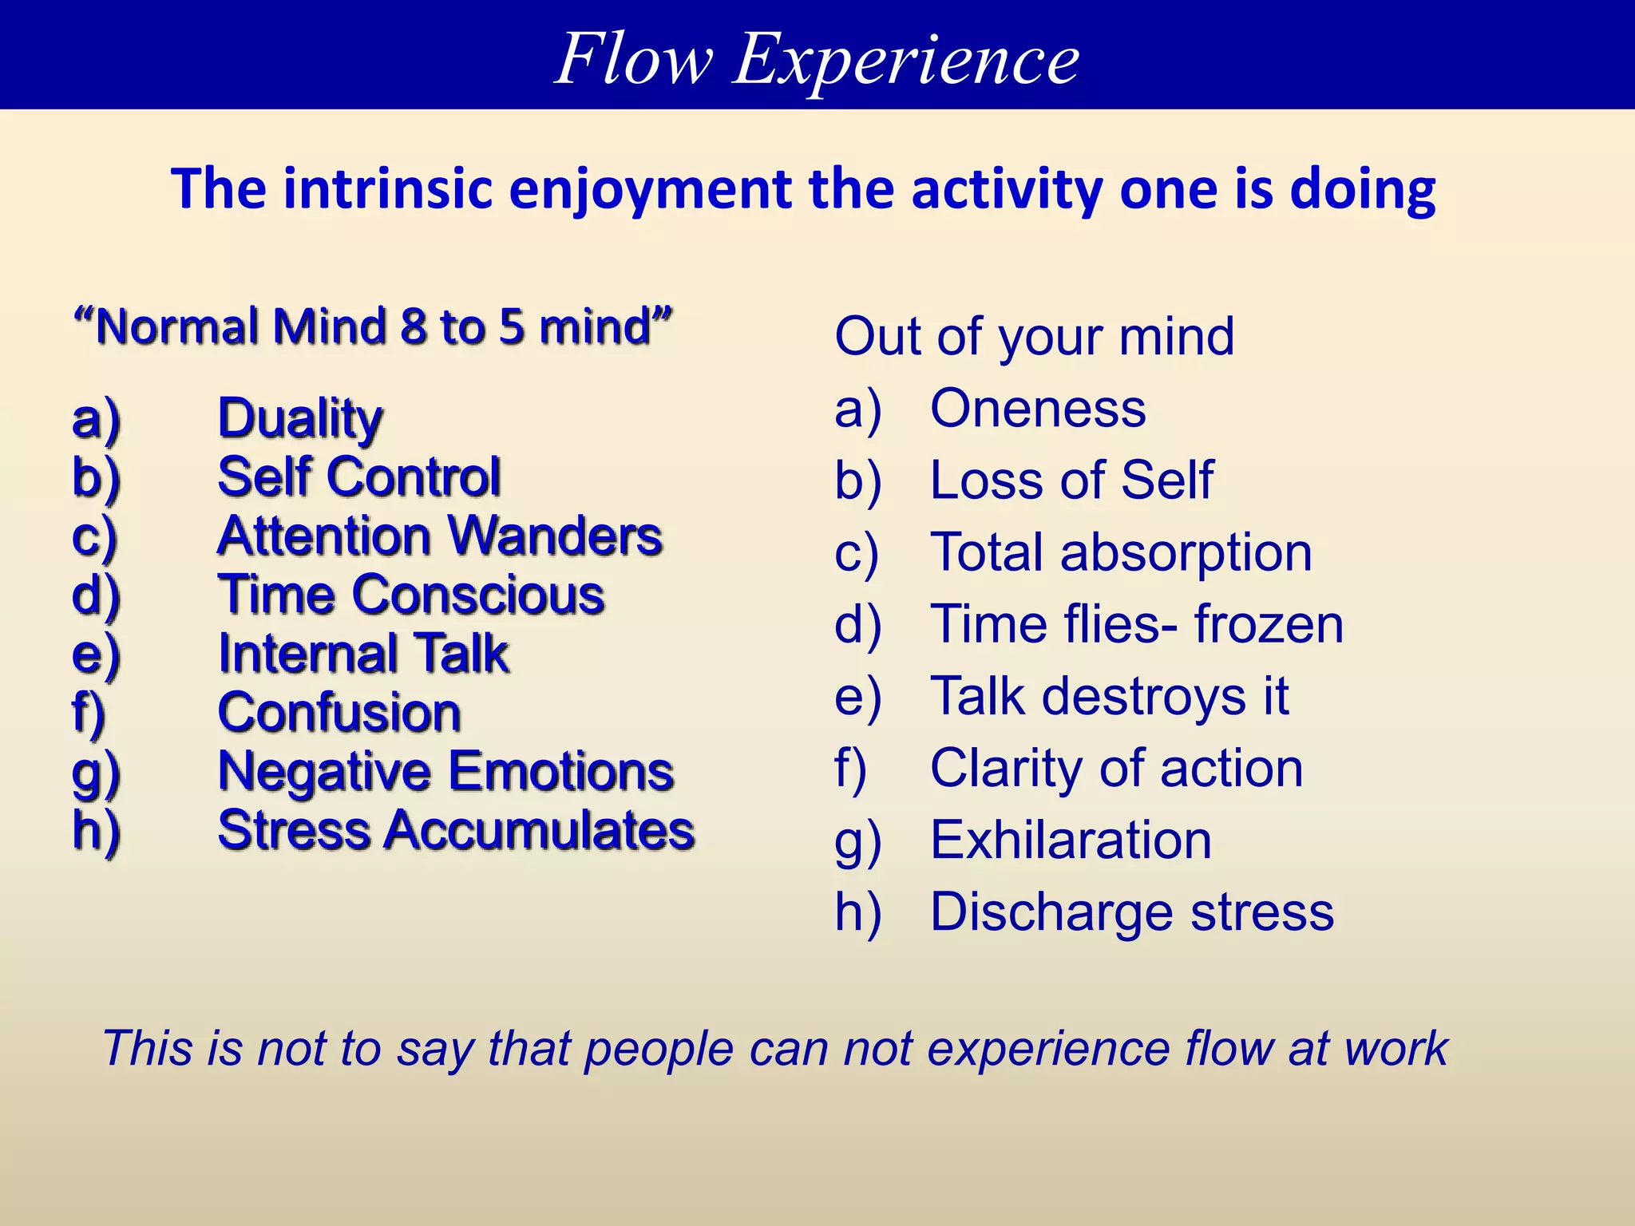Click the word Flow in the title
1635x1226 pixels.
633,60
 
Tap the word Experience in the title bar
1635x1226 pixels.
906,60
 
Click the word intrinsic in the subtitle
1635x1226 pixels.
387,190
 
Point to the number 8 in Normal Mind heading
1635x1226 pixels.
414,327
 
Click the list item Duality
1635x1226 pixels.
300,418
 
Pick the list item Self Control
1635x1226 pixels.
359,477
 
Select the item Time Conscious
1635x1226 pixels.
411,595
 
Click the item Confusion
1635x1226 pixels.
339,713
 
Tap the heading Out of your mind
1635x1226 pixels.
1034,337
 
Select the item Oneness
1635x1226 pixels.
1038,409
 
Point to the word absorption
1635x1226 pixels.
1186,553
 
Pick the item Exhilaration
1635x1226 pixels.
1071,840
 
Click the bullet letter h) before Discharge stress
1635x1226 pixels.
857,912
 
